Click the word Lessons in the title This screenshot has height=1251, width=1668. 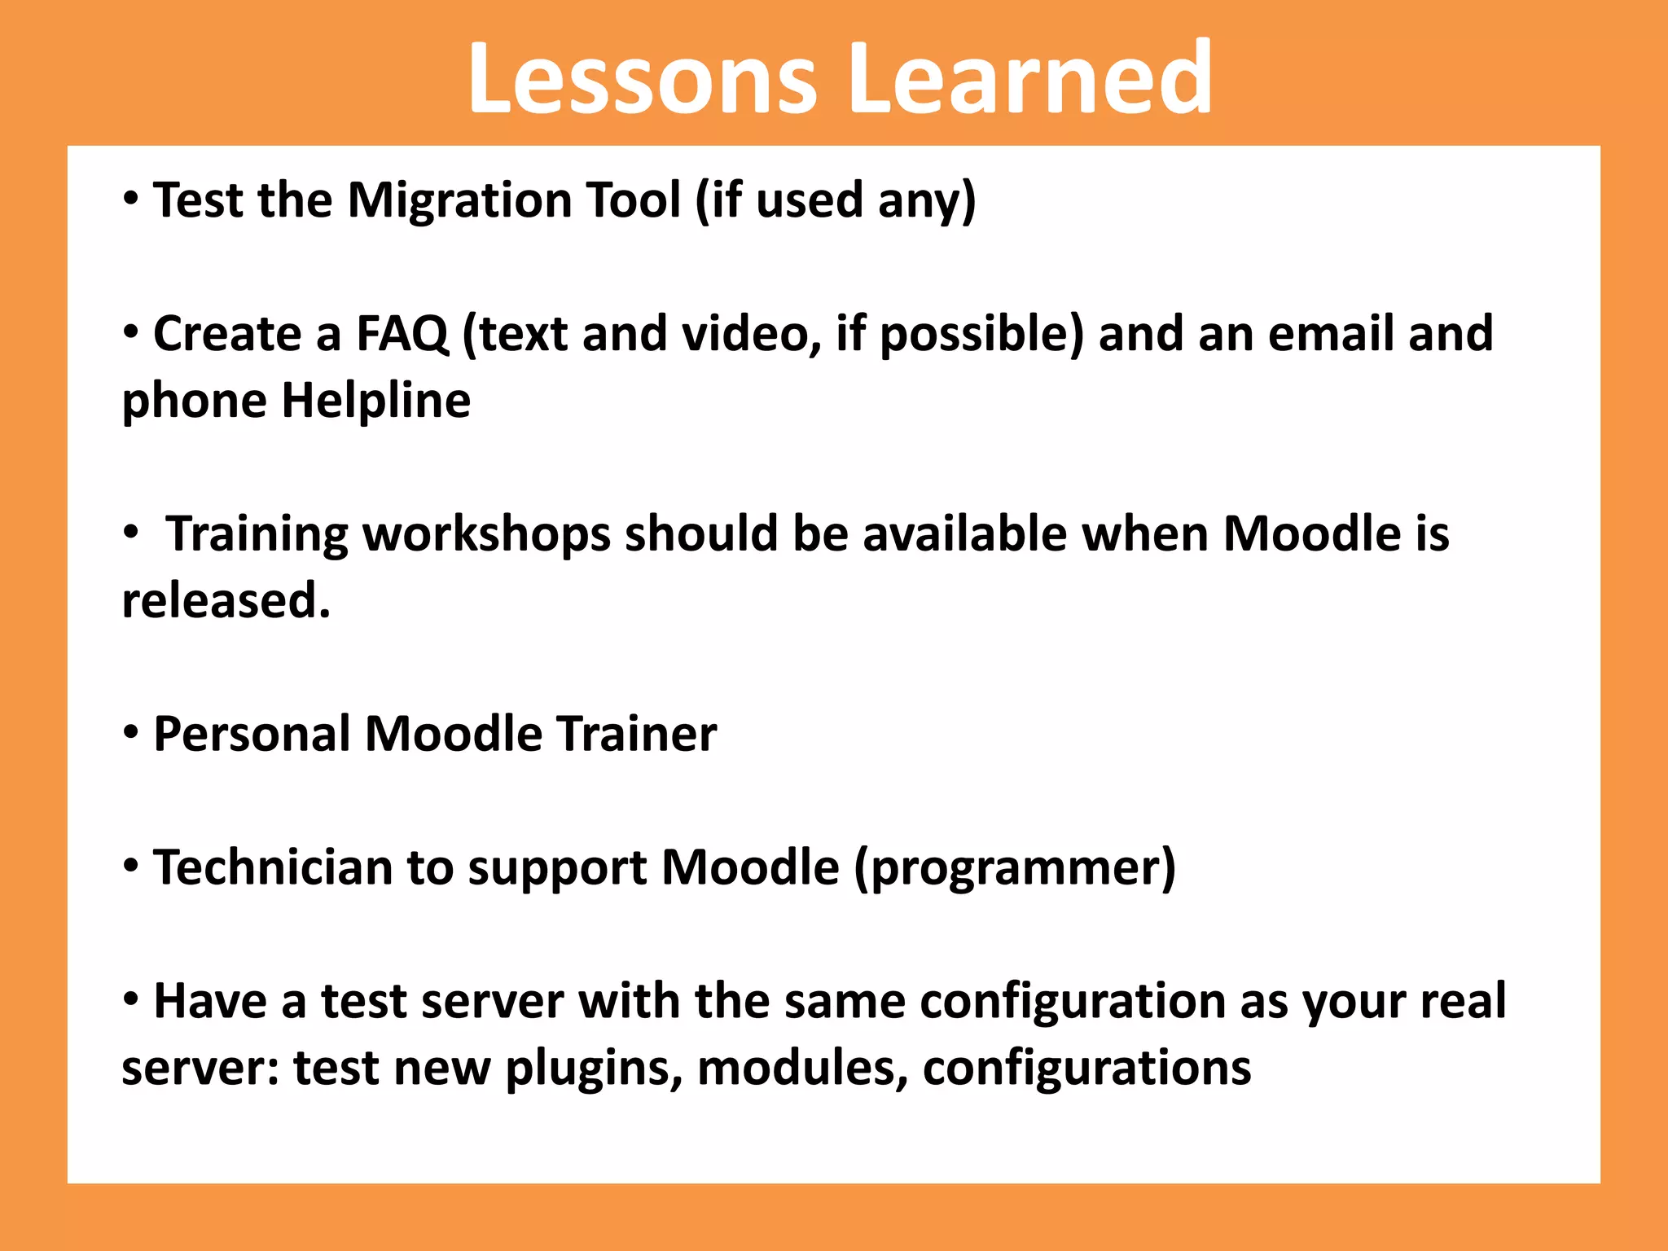coord(642,79)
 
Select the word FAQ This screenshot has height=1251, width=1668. coord(402,334)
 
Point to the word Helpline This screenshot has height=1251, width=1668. coord(375,401)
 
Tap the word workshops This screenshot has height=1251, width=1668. coord(486,534)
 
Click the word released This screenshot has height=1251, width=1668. coord(226,601)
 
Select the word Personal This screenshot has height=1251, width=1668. coord(252,735)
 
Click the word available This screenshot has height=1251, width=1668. coord(964,534)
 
